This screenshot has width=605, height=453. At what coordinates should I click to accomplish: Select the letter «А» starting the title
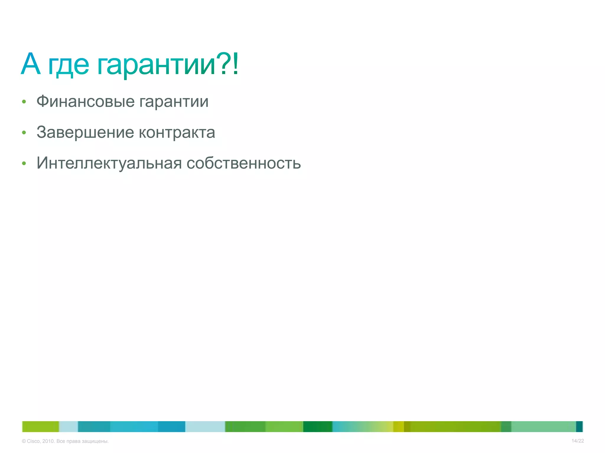pyautogui.click(x=30, y=64)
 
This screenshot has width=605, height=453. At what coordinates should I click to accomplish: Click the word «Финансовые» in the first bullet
pyautogui.click(x=85, y=102)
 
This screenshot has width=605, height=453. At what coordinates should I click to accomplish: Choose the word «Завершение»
pyautogui.click(x=85, y=132)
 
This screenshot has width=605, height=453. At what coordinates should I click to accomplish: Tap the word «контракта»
pyautogui.click(x=177, y=133)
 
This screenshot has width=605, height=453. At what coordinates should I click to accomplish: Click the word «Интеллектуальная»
pyautogui.click(x=109, y=163)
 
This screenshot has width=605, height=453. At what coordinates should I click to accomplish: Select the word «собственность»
pyautogui.click(x=244, y=163)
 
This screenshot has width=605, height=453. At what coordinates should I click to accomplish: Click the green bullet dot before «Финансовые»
pyautogui.click(x=24, y=102)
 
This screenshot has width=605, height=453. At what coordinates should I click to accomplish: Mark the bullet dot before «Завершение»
pyautogui.click(x=24, y=133)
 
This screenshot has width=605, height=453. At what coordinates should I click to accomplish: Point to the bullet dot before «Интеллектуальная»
pyautogui.click(x=24, y=163)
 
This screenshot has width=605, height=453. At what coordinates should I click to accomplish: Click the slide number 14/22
pyautogui.click(x=578, y=441)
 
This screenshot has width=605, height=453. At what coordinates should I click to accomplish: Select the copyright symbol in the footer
pyautogui.click(x=24, y=441)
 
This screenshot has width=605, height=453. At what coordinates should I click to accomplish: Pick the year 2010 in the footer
pyautogui.click(x=48, y=441)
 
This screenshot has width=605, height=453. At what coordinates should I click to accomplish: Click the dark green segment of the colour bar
pyautogui.click(x=318, y=426)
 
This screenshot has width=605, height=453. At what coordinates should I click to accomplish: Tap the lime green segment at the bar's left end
pyautogui.click(x=40, y=426)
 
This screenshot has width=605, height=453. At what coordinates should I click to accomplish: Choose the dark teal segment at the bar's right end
pyautogui.click(x=579, y=426)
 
